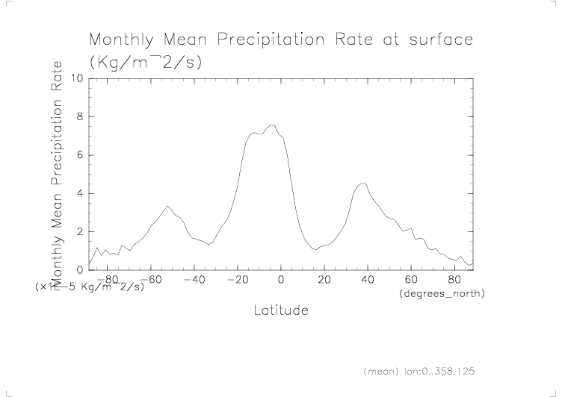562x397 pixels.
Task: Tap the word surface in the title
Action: point(441,40)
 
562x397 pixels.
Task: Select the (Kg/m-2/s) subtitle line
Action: point(145,63)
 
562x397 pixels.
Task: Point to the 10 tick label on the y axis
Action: point(76,78)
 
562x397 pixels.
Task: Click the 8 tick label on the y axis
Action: point(80,116)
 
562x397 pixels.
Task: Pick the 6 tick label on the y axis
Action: point(80,155)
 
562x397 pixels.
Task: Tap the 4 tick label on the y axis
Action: point(80,193)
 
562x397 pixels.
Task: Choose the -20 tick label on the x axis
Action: point(237,280)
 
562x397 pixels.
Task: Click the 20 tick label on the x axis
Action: point(324,280)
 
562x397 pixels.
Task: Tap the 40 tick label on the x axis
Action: point(367,280)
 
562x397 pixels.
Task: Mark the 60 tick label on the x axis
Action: point(410,280)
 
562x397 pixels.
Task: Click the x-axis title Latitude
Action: point(280,310)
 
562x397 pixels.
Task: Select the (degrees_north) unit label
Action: point(442,294)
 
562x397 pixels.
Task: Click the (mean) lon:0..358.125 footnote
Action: point(419,370)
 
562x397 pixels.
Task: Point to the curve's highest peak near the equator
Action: point(271,125)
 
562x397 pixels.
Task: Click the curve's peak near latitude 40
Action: point(363,183)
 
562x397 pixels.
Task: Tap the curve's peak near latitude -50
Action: point(167,206)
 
